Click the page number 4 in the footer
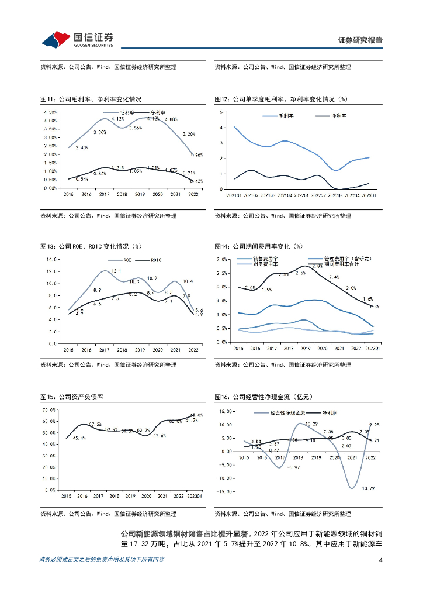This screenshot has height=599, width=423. tap(380, 560)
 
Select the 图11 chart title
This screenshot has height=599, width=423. tap(91, 99)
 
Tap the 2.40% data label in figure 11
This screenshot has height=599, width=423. tap(81, 148)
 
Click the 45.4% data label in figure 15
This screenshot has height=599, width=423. tap(79, 438)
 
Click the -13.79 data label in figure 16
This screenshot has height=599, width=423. tap(368, 488)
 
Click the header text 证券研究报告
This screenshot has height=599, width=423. tap(360, 40)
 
